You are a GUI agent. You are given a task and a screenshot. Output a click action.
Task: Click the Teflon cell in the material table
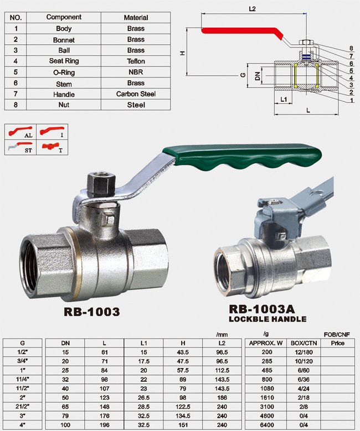click(136, 61)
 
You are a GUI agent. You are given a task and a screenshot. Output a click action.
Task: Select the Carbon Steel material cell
click(136, 94)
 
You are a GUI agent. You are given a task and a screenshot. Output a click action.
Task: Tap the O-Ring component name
click(64, 72)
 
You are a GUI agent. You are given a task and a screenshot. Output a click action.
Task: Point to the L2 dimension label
click(252, 9)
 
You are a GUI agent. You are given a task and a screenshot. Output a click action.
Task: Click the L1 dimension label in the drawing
click(284, 99)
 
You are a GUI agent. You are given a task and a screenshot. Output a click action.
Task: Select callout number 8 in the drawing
click(351, 48)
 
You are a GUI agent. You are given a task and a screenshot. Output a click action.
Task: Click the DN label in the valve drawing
click(258, 76)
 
